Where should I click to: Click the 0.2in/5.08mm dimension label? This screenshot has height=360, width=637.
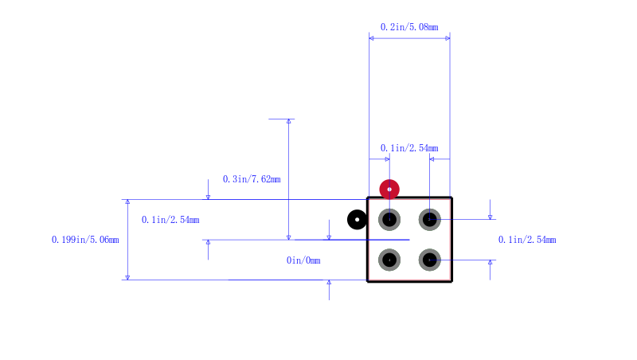tap(409, 27)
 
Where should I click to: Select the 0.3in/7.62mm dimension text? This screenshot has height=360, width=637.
tap(252, 179)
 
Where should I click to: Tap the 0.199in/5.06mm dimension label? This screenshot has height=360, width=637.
tap(85, 240)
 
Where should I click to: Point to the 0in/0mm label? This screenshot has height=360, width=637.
tap(303, 260)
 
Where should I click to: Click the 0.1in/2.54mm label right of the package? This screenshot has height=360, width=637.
tap(527, 240)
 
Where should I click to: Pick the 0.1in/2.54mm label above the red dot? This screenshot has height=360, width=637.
tap(409, 148)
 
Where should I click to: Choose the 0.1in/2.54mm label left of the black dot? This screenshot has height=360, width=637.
tap(170, 220)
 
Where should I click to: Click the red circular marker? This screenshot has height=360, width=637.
tap(389, 190)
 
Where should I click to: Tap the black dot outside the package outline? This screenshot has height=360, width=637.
tap(357, 220)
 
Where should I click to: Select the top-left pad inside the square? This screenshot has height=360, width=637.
tap(389, 219)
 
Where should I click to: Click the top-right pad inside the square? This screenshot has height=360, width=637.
tap(429, 219)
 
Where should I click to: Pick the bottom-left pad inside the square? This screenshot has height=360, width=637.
tap(389, 260)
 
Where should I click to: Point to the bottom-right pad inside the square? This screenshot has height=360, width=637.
tap(429, 260)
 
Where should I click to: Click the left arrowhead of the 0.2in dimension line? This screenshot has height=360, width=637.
tap(371, 38)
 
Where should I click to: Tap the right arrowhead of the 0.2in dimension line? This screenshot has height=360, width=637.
tap(447, 38)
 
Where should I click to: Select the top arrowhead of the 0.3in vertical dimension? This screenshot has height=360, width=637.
tap(289, 122)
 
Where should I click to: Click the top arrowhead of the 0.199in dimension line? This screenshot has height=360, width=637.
tap(127, 202)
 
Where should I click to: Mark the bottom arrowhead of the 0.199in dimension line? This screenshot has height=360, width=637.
tap(127, 277)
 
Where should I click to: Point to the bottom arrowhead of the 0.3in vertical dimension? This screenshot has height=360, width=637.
tap(289, 237)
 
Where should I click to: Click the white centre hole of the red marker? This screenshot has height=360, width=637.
tap(389, 190)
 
